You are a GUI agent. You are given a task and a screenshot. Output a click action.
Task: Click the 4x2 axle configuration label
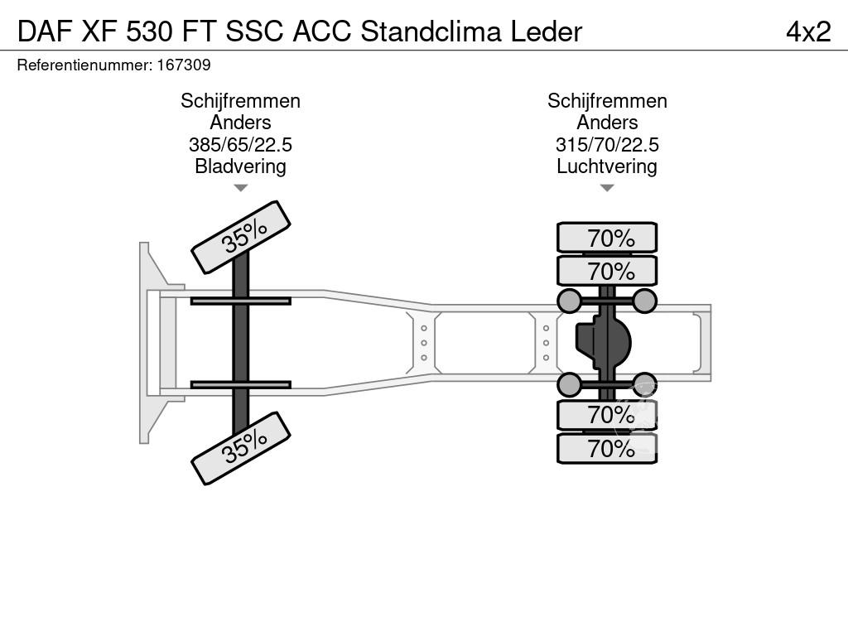click(807, 31)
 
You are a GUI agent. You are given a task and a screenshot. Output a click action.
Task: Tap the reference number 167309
click(183, 65)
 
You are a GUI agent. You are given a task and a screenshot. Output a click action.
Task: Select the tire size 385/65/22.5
click(240, 145)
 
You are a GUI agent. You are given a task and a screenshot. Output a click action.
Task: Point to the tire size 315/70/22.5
click(607, 145)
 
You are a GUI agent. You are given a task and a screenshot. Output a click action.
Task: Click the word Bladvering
click(240, 166)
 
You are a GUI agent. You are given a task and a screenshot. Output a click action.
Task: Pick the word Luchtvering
click(607, 166)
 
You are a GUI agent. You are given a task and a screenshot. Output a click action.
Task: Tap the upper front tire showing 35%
click(241, 237)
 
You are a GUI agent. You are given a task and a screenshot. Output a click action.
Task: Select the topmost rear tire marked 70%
click(607, 238)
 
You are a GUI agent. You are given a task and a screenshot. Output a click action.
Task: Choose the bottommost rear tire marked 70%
click(607, 449)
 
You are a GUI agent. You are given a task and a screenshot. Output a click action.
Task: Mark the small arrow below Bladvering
click(240, 188)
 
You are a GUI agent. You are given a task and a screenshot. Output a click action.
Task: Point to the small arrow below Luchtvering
click(607, 188)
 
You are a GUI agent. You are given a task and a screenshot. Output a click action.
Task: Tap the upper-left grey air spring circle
click(569, 301)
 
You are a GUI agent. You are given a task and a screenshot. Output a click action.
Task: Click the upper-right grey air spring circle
click(644, 301)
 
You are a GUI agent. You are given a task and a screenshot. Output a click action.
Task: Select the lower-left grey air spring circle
click(569, 384)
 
